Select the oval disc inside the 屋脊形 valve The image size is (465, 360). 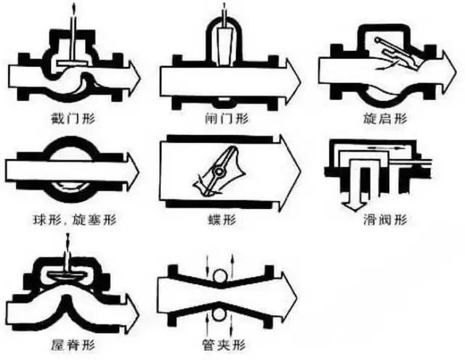(x=70, y=276)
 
